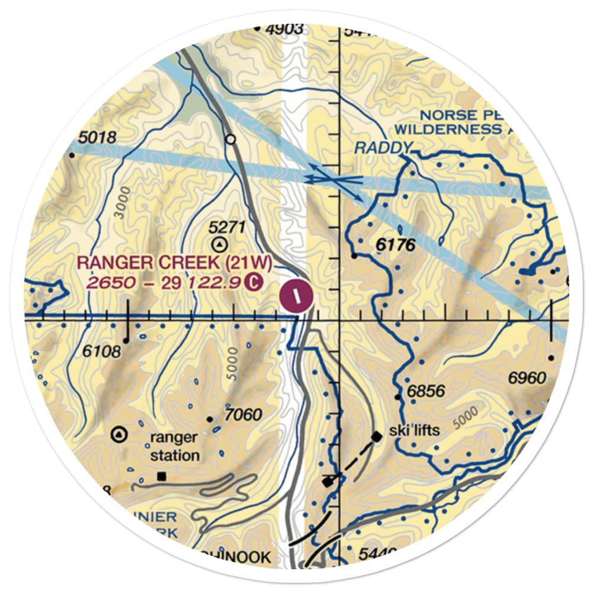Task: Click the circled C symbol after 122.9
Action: (x=253, y=282)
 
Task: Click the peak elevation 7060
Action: (x=243, y=414)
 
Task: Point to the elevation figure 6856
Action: (x=426, y=392)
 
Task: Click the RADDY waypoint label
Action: (x=383, y=148)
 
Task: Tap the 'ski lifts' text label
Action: (x=415, y=430)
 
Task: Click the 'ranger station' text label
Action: (x=174, y=447)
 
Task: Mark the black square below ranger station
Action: (x=162, y=476)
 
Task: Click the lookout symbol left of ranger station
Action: (x=120, y=434)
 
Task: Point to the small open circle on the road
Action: (x=231, y=140)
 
